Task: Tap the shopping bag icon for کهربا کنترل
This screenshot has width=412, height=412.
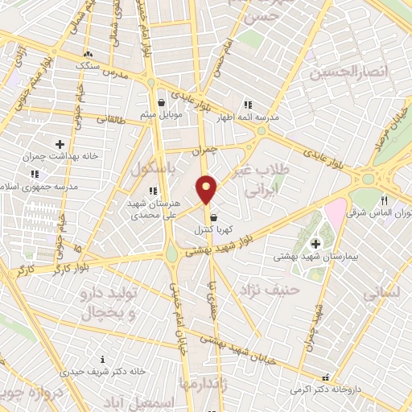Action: click(x=213, y=216)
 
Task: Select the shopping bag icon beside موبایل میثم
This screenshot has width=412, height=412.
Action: click(x=162, y=103)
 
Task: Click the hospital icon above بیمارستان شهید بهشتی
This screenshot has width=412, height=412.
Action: click(x=315, y=242)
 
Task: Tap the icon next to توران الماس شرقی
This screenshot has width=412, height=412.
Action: click(x=384, y=201)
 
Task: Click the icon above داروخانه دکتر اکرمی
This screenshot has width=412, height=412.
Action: click(x=325, y=377)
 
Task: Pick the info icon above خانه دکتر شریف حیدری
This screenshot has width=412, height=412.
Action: click(x=101, y=359)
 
